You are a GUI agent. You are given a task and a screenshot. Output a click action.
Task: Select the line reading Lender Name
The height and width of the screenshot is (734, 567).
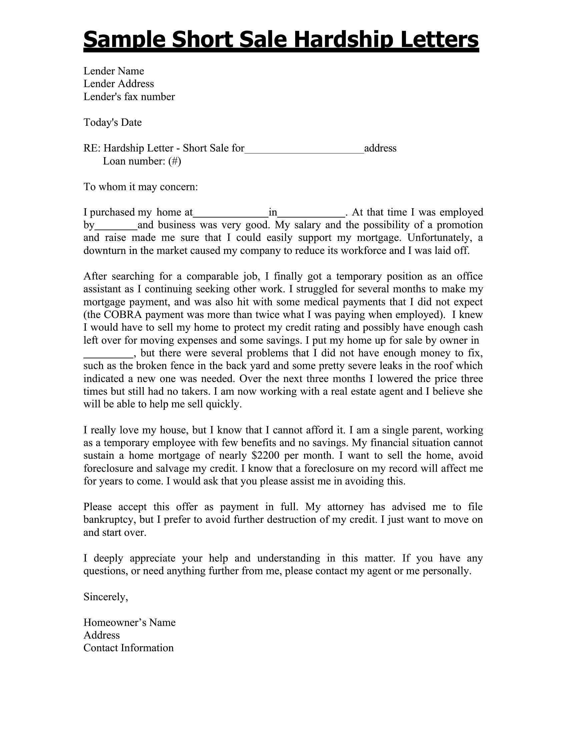pos(113,71)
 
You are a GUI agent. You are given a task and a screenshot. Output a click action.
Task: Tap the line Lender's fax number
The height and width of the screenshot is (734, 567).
pos(129,97)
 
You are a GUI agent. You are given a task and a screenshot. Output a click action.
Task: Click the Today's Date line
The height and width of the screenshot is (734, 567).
pos(112,122)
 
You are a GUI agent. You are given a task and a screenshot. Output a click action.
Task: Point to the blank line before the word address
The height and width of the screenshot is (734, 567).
pos(304,149)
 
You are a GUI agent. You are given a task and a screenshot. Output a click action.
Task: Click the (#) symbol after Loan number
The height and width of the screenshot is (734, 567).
pos(175,161)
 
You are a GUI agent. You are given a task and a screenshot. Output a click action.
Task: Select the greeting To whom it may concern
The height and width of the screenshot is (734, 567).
pos(141,187)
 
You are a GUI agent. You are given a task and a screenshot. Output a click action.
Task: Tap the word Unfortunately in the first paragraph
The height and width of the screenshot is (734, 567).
pos(440,238)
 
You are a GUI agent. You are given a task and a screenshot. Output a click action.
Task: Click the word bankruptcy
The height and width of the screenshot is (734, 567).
pos(108,519)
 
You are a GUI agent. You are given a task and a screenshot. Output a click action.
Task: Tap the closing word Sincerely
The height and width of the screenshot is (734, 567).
pos(105,597)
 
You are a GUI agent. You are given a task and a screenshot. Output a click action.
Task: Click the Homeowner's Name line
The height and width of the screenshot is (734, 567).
pos(129,623)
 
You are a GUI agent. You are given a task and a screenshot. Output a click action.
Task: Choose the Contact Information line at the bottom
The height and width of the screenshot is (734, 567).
pos(128,648)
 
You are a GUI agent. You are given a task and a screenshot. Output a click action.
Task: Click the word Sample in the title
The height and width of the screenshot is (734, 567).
pos(124,40)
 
